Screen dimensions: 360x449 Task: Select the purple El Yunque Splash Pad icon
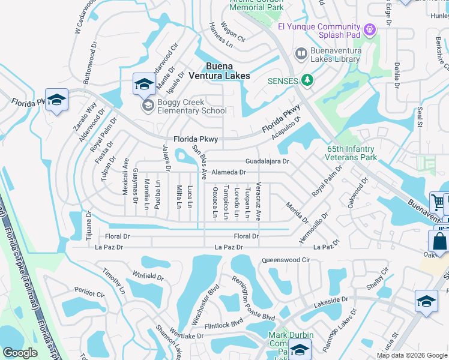pos(370,28)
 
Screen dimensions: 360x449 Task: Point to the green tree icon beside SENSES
pos(307,80)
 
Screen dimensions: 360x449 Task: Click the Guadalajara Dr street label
pos(267,161)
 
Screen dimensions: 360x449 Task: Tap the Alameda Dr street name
pos(229,172)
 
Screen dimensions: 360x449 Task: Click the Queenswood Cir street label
pos(285,260)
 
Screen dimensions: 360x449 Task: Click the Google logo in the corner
pos(20,353)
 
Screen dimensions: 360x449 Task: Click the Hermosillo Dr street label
pos(314,229)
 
